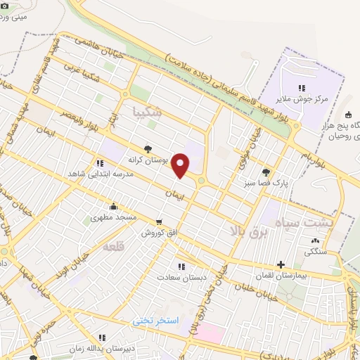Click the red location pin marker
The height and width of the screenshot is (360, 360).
click(181, 165)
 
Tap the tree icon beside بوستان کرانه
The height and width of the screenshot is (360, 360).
click(148, 148)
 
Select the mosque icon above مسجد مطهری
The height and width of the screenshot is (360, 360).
click(113, 206)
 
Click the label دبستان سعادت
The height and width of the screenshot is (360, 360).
click(183, 278)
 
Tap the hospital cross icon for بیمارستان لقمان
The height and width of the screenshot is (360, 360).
click(281, 265)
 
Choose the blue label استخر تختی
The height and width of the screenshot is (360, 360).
click(157, 320)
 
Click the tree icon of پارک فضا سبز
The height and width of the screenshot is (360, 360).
click(265, 172)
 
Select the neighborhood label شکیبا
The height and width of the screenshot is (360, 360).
click(147, 112)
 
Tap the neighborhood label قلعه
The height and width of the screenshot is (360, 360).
click(113, 247)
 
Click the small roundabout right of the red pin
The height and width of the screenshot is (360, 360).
click(202, 181)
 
